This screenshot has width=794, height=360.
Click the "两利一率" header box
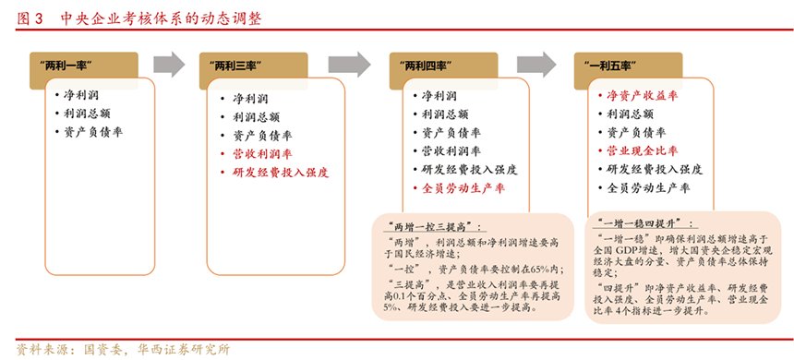coord(84,66)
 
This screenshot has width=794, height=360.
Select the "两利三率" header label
coord(235,66)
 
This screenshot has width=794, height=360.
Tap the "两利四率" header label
coord(426,66)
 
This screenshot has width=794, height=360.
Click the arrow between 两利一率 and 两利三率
coord(169,65)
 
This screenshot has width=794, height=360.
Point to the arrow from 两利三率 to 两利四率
coord(349,65)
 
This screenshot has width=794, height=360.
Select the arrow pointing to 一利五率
coord(536,65)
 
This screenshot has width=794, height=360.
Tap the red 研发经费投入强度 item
coord(281,173)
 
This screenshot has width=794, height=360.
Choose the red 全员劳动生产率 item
coord(463,188)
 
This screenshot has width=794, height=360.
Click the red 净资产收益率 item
coord(642,95)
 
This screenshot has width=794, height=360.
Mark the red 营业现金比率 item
coord(642,150)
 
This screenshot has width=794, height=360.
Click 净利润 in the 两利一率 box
coord(81,95)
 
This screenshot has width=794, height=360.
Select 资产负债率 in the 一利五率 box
coord(636,133)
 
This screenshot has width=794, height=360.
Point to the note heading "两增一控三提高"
coord(430,226)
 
